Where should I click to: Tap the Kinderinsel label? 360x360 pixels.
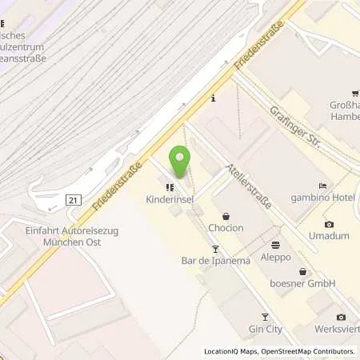coord(170,200)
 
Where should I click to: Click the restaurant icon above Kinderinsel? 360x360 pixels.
coord(170,188)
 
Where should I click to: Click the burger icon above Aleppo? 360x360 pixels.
coord(275,245)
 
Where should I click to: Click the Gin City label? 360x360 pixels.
coord(266,329)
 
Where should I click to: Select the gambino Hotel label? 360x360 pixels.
coord(322,198)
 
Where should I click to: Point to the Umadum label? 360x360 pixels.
coord(330,237)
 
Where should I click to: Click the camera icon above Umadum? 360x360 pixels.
coord(330,225)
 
